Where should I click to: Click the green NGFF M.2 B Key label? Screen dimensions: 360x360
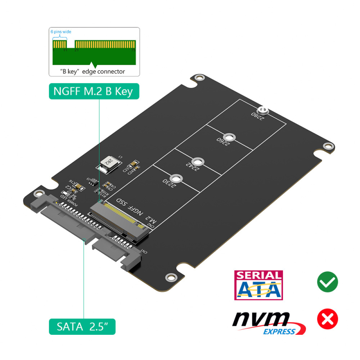pyautogui.click(x=93, y=92)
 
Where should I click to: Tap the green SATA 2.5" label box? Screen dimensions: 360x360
pyautogui.click(x=82, y=326)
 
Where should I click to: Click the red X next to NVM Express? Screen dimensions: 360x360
pyautogui.click(x=327, y=319)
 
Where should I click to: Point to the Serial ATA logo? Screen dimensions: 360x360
pyautogui.click(x=259, y=285)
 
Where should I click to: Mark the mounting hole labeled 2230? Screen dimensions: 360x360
pyautogui.click(x=175, y=179)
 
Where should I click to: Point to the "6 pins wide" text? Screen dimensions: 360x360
pyautogui.click(x=60, y=32)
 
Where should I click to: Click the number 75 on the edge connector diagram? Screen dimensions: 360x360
pyautogui.click(x=133, y=50)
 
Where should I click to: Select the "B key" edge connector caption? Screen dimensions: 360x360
pyautogui.click(x=93, y=72)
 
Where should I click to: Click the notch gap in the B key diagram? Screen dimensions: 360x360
pyautogui.click(x=71, y=45)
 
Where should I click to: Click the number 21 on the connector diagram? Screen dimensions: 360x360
pyautogui.click(x=76, y=50)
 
